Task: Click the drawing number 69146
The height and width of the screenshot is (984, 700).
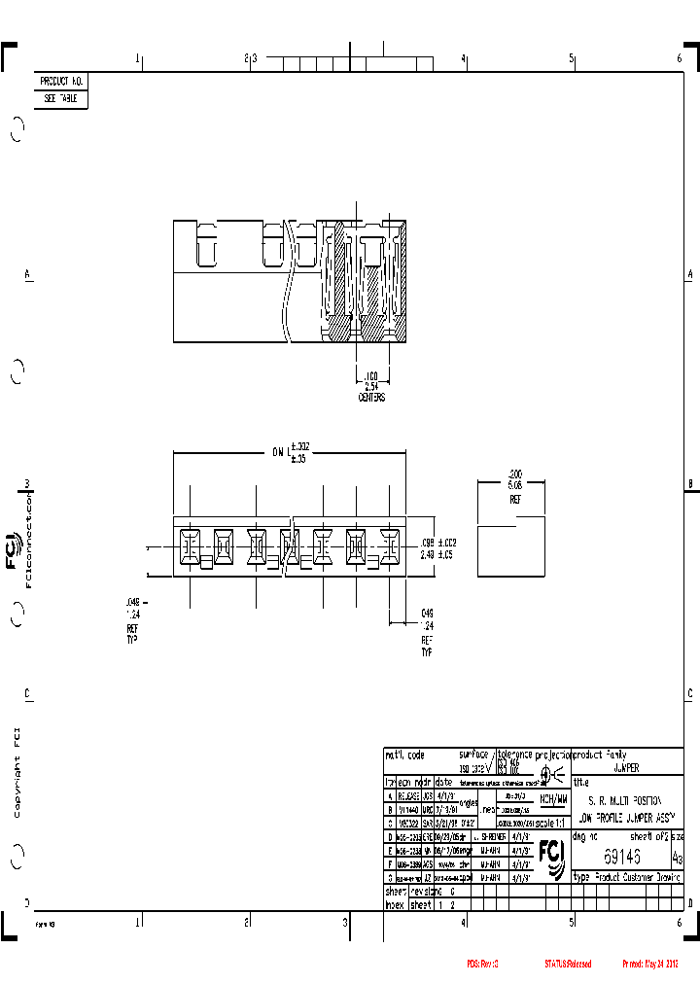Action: tap(622, 857)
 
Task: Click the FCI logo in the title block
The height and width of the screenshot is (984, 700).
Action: tap(552, 855)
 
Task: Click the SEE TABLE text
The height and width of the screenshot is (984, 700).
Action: tap(61, 99)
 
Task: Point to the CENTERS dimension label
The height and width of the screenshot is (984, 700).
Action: tap(371, 398)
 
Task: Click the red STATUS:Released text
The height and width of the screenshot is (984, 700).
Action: tap(567, 964)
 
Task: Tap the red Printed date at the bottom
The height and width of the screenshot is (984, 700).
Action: tap(649, 964)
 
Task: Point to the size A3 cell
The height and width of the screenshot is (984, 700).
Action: tap(677, 859)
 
